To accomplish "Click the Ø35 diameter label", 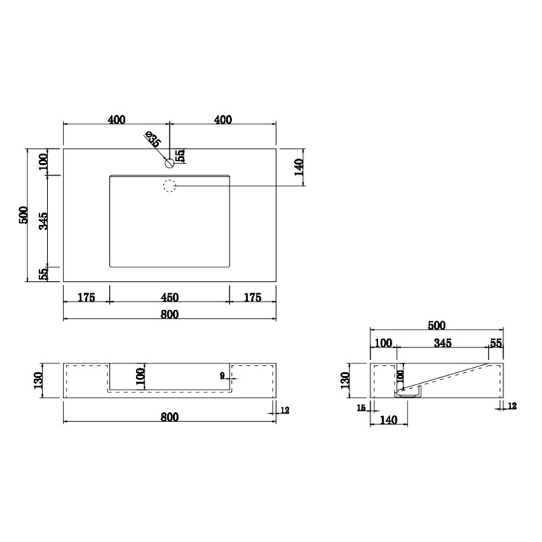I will point(152,139).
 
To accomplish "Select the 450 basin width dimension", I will point(169,297).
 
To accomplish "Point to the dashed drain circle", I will point(170,186).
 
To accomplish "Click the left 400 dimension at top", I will point(116,120).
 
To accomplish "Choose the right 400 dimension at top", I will point(223,120).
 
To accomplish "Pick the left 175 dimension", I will point(86,297).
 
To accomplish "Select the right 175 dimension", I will point(252,297).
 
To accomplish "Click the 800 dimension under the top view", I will point(169,314).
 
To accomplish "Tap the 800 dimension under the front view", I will point(169,417).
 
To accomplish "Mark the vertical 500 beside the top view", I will point(24,215).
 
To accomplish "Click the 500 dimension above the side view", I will point(436,325).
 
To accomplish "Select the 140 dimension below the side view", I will point(389,418).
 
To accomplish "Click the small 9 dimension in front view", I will point(223,374).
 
